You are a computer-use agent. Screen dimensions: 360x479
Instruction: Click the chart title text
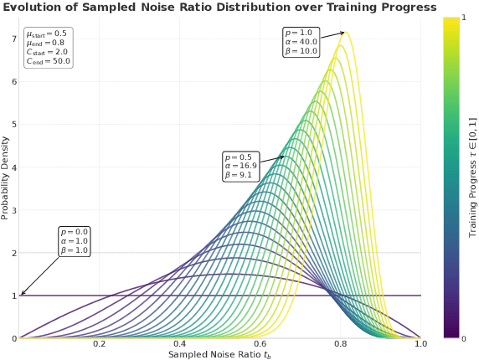(219, 8)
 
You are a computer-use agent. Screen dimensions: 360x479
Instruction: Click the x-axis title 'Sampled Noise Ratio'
(219, 354)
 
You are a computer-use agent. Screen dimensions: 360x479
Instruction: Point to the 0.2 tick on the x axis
(100, 344)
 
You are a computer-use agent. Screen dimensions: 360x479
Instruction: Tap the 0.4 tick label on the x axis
(180, 344)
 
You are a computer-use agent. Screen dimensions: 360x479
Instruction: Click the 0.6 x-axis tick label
(260, 344)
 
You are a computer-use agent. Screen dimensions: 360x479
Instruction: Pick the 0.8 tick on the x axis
(341, 344)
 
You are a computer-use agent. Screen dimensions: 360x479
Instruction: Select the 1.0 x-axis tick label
(420, 344)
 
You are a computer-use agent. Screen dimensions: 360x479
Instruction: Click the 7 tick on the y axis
(13, 39)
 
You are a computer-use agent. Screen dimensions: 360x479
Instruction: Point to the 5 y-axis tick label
(13, 125)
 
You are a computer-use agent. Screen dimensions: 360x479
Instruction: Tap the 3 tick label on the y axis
(13, 210)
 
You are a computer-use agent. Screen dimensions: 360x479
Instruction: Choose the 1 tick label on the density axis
(13, 296)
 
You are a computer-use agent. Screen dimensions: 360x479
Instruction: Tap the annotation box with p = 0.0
(74, 241)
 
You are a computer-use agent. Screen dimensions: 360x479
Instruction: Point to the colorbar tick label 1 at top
(465, 18)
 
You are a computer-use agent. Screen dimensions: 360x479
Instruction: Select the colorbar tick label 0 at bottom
(465, 338)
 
